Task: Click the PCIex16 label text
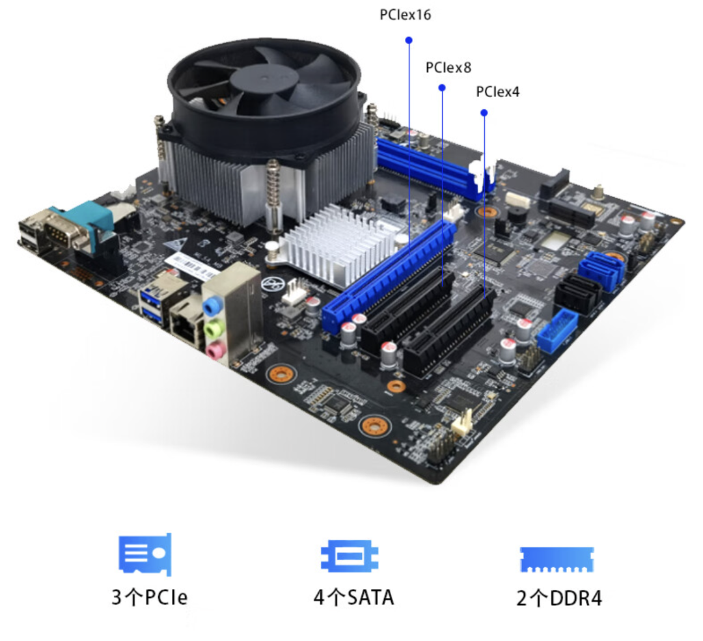[x=406, y=15]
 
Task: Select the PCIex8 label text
[x=448, y=68]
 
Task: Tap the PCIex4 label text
[x=498, y=92]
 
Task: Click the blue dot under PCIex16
[x=409, y=40]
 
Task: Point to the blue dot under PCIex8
[x=442, y=87]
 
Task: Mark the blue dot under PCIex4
[x=484, y=113]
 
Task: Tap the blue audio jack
[x=212, y=306]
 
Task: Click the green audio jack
[x=214, y=329]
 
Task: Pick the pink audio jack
[x=215, y=349]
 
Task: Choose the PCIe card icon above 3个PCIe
[x=145, y=555]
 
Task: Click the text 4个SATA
[x=353, y=597]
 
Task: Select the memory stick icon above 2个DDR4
[x=557, y=560]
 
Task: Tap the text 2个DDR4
[x=559, y=599]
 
